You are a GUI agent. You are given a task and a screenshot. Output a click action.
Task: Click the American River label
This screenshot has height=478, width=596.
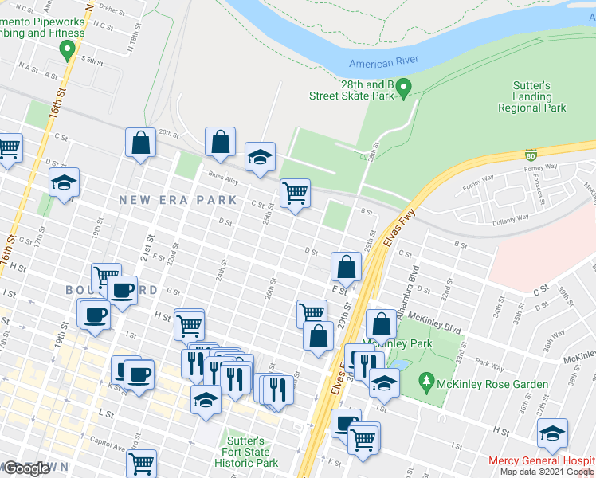382,64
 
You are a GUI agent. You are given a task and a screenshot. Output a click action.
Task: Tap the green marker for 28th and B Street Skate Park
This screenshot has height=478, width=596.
404,87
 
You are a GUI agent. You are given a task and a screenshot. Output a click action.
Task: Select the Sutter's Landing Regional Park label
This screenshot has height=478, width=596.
531,96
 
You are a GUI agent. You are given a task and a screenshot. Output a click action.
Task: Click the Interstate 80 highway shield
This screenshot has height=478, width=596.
530,154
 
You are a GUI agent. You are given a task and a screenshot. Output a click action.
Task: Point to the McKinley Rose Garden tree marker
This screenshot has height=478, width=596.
428,383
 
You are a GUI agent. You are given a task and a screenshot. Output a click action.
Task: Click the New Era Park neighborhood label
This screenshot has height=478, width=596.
178,200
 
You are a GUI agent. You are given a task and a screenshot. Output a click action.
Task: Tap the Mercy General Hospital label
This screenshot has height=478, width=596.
542,461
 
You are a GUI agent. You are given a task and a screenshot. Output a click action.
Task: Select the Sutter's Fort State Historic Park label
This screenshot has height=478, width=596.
248,451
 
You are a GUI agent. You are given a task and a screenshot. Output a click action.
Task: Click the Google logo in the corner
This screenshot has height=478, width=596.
26,468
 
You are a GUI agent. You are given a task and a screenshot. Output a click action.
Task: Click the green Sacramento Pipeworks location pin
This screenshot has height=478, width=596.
67,51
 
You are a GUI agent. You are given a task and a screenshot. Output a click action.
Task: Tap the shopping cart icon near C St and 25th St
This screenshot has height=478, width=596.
295,193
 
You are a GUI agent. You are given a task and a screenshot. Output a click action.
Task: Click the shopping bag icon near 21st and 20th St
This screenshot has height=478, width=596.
140,143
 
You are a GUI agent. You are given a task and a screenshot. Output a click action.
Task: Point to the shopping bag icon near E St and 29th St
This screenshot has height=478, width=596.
346,267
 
